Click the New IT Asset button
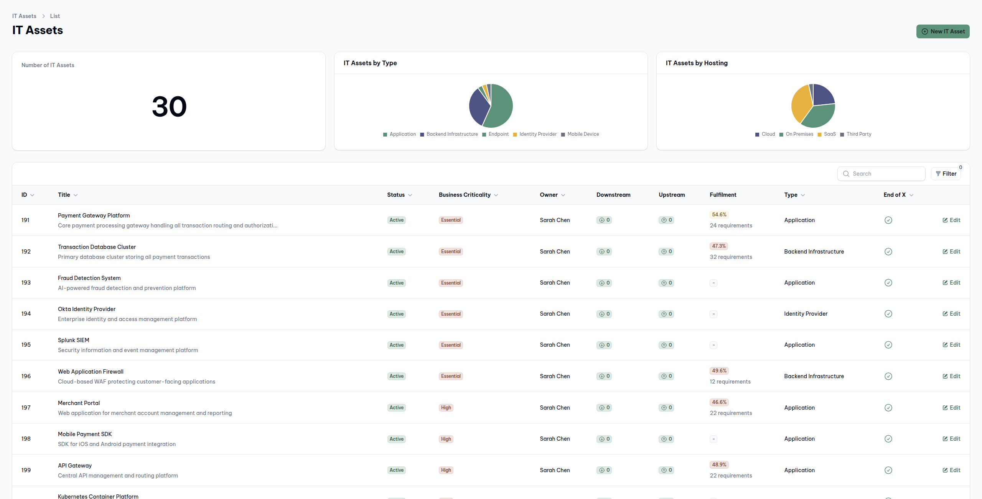[942, 31]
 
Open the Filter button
[946, 174]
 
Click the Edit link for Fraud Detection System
[951, 283]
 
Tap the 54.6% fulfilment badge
[719, 215]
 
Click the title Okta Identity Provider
[87, 309]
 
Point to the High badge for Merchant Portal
[446, 408]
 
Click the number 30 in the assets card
[169, 107]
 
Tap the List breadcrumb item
[55, 16]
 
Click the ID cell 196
[26, 376]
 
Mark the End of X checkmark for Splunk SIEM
[888, 345]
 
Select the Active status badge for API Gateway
[396, 470]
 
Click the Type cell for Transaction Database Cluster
[814, 252]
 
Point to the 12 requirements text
[730, 382]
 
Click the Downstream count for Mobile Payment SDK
[604, 439]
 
